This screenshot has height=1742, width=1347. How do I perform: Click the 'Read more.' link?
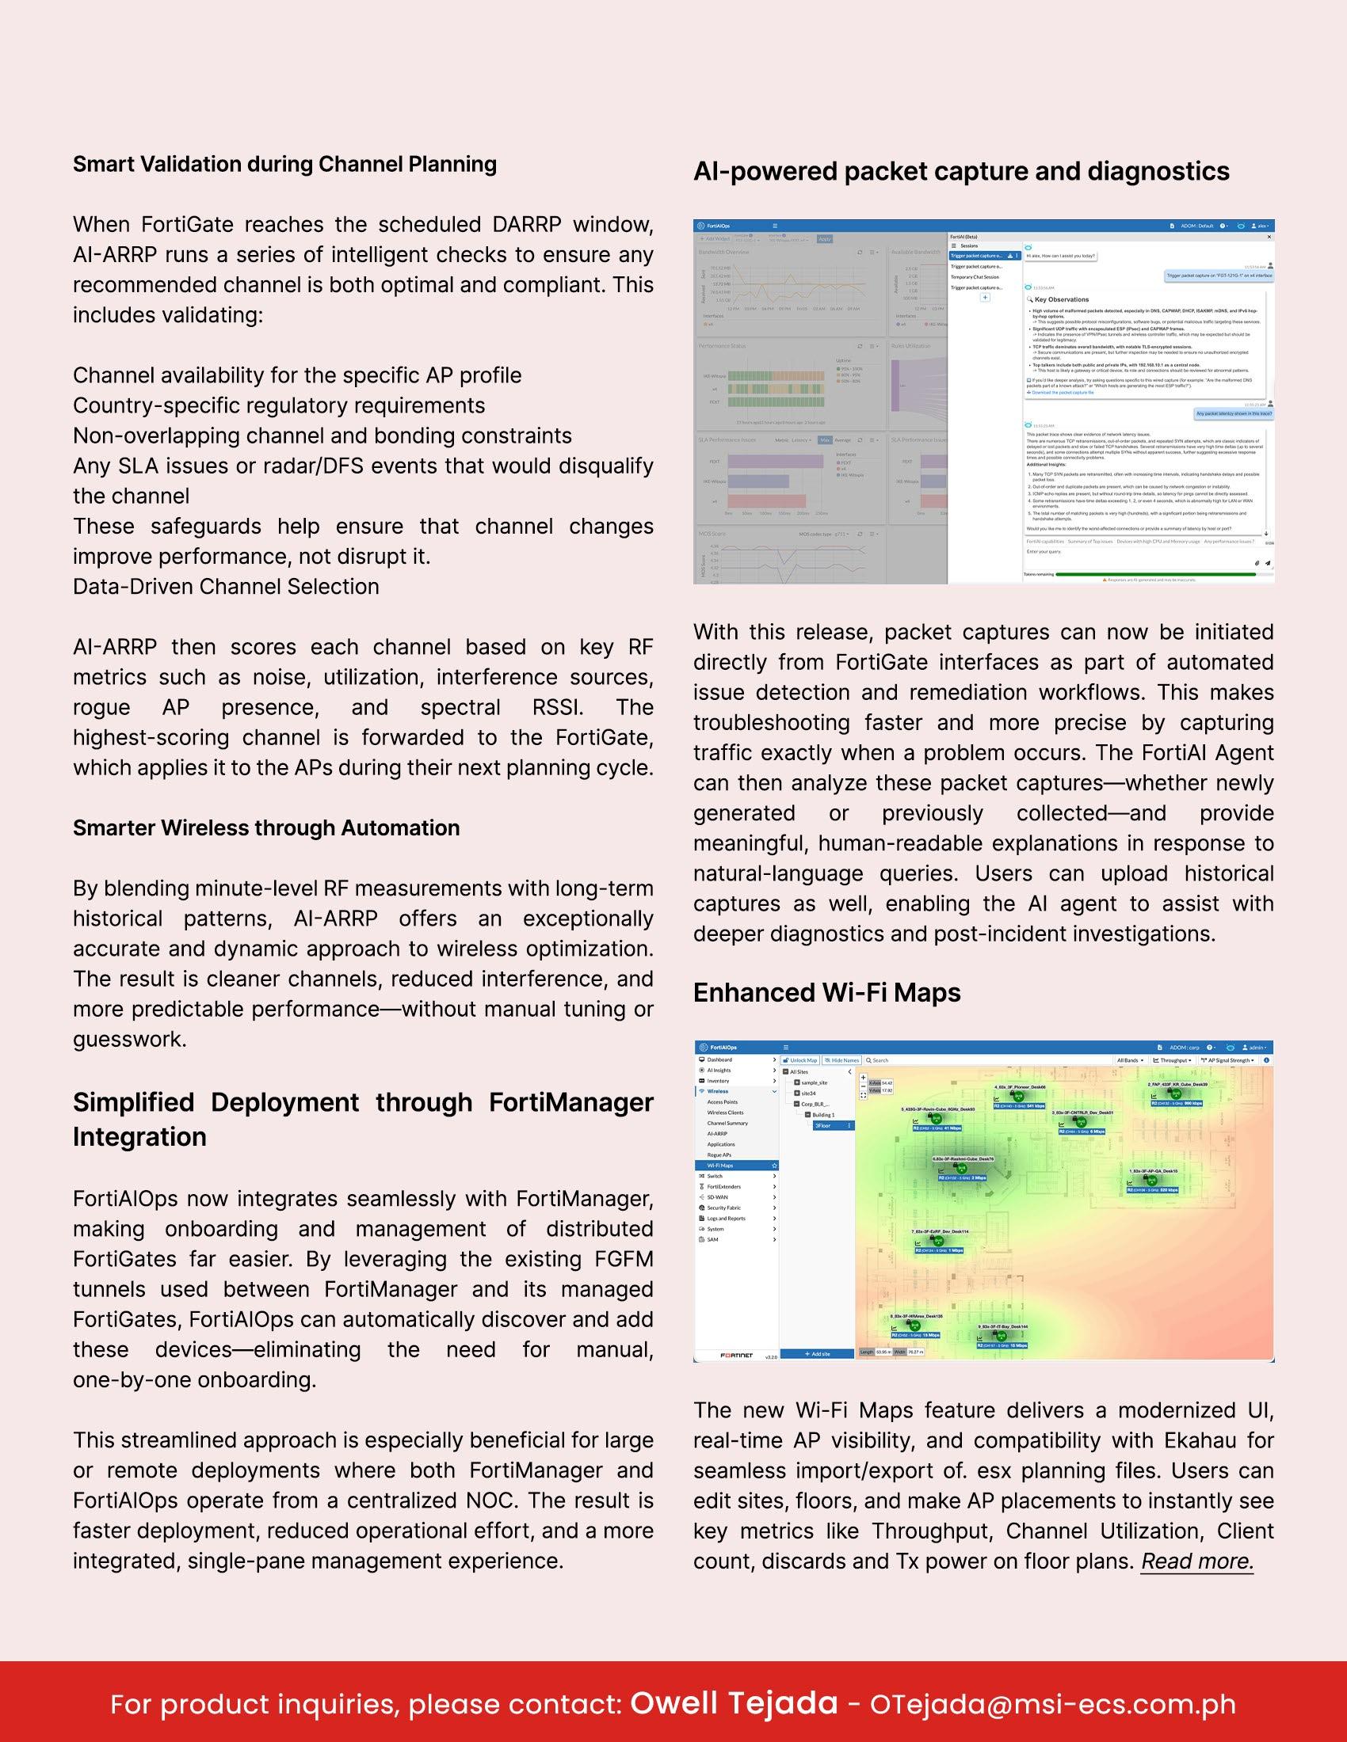coord(1197,1561)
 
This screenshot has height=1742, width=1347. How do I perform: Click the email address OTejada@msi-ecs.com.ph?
coord(1052,1704)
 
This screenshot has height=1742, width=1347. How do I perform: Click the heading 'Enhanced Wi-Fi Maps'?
coord(826,992)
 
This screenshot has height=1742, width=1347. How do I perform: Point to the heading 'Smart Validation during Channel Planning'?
coord(285,165)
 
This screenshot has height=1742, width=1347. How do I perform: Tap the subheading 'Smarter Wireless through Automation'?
coord(266,828)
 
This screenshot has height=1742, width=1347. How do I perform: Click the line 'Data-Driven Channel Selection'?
coord(226,586)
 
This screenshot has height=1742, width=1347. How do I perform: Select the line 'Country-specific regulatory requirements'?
coord(279,405)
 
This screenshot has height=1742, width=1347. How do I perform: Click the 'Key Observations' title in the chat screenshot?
coord(1061,300)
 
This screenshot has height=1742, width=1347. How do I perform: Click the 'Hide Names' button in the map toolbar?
coord(841,1060)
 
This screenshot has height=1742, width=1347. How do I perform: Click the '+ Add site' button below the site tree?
coord(816,1353)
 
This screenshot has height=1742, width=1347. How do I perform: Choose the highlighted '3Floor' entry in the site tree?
coord(822,1125)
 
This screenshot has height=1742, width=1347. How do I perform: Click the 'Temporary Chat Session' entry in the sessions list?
coord(975,277)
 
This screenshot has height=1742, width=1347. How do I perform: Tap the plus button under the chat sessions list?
coord(985,298)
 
